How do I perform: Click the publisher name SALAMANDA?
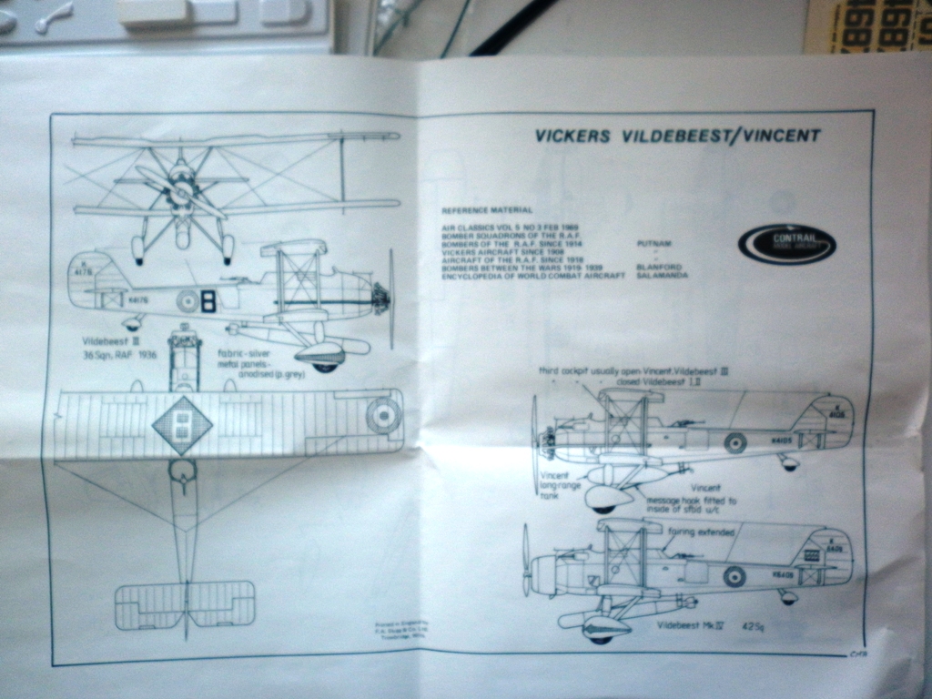coord(663,275)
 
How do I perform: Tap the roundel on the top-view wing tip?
coord(383,415)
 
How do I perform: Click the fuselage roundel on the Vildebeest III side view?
coord(188,301)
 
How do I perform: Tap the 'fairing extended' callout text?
coord(701,532)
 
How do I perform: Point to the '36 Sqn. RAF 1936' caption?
coord(121,354)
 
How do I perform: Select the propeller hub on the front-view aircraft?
coord(182,188)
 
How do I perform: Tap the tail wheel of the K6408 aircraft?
coord(788,598)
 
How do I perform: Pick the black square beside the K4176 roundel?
coord(208,300)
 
